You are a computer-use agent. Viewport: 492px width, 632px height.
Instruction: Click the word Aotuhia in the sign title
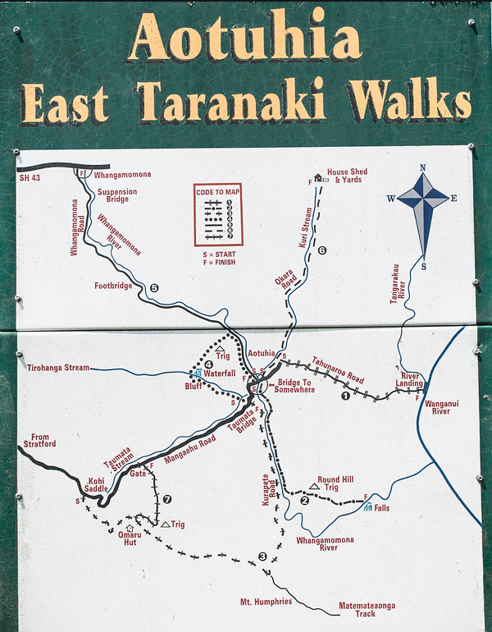pyautogui.click(x=244, y=39)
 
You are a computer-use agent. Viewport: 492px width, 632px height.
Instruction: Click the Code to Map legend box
pyautogui.click(x=218, y=214)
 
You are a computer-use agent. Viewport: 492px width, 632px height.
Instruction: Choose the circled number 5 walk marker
pyautogui.click(x=153, y=287)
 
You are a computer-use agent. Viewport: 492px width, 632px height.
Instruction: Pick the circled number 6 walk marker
pyautogui.click(x=322, y=250)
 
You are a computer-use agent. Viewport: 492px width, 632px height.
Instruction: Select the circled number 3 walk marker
pyautogui.click(x=262, y=556)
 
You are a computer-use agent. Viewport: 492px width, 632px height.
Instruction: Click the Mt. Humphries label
pyautogui.click(x=266, y=602)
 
